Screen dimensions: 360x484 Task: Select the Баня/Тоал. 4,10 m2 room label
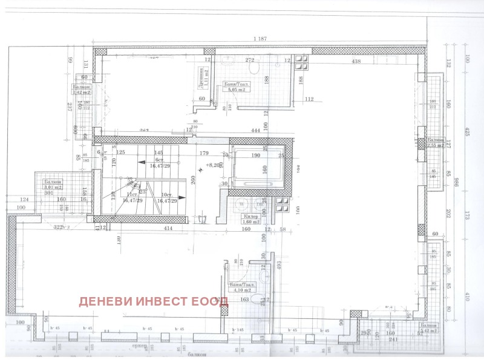click(x=243, y=286)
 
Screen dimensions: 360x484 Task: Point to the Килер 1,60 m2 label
click(x=251, y=219)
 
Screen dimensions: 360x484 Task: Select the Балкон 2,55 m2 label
click(x=435, y=143)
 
